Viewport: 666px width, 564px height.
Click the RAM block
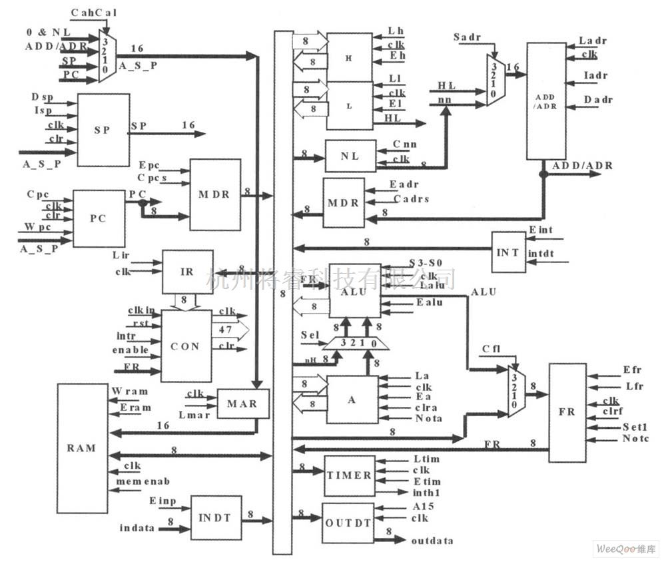click(82, 448)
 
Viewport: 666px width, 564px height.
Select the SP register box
click(103, 130)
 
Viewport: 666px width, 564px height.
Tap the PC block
click(99, 218)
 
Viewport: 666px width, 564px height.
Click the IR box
click(188, 272)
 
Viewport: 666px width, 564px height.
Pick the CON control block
click(186, 346)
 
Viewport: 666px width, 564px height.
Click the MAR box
click(244, 404)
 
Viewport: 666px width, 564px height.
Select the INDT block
click(216, 517)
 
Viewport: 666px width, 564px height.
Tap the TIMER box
click(349, 475)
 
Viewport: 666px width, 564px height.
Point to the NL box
click(350, 156)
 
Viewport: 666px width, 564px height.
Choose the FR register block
click(567, 413)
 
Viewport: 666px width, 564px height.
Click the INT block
click(508, 252)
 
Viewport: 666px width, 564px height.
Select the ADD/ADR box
click(545, 101)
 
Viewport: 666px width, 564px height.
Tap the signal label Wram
click(131, 392)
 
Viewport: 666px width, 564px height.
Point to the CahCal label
click(91, 12)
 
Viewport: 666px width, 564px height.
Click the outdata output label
click(432, 540)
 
